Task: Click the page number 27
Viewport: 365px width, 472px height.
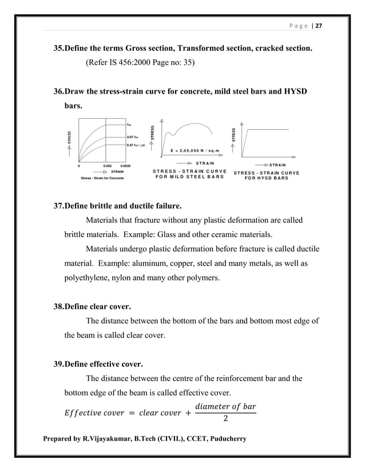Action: pos(319,26)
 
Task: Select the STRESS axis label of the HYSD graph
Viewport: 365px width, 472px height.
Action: pos(233,135)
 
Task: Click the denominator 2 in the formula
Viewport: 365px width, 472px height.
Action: pos(226,419)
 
